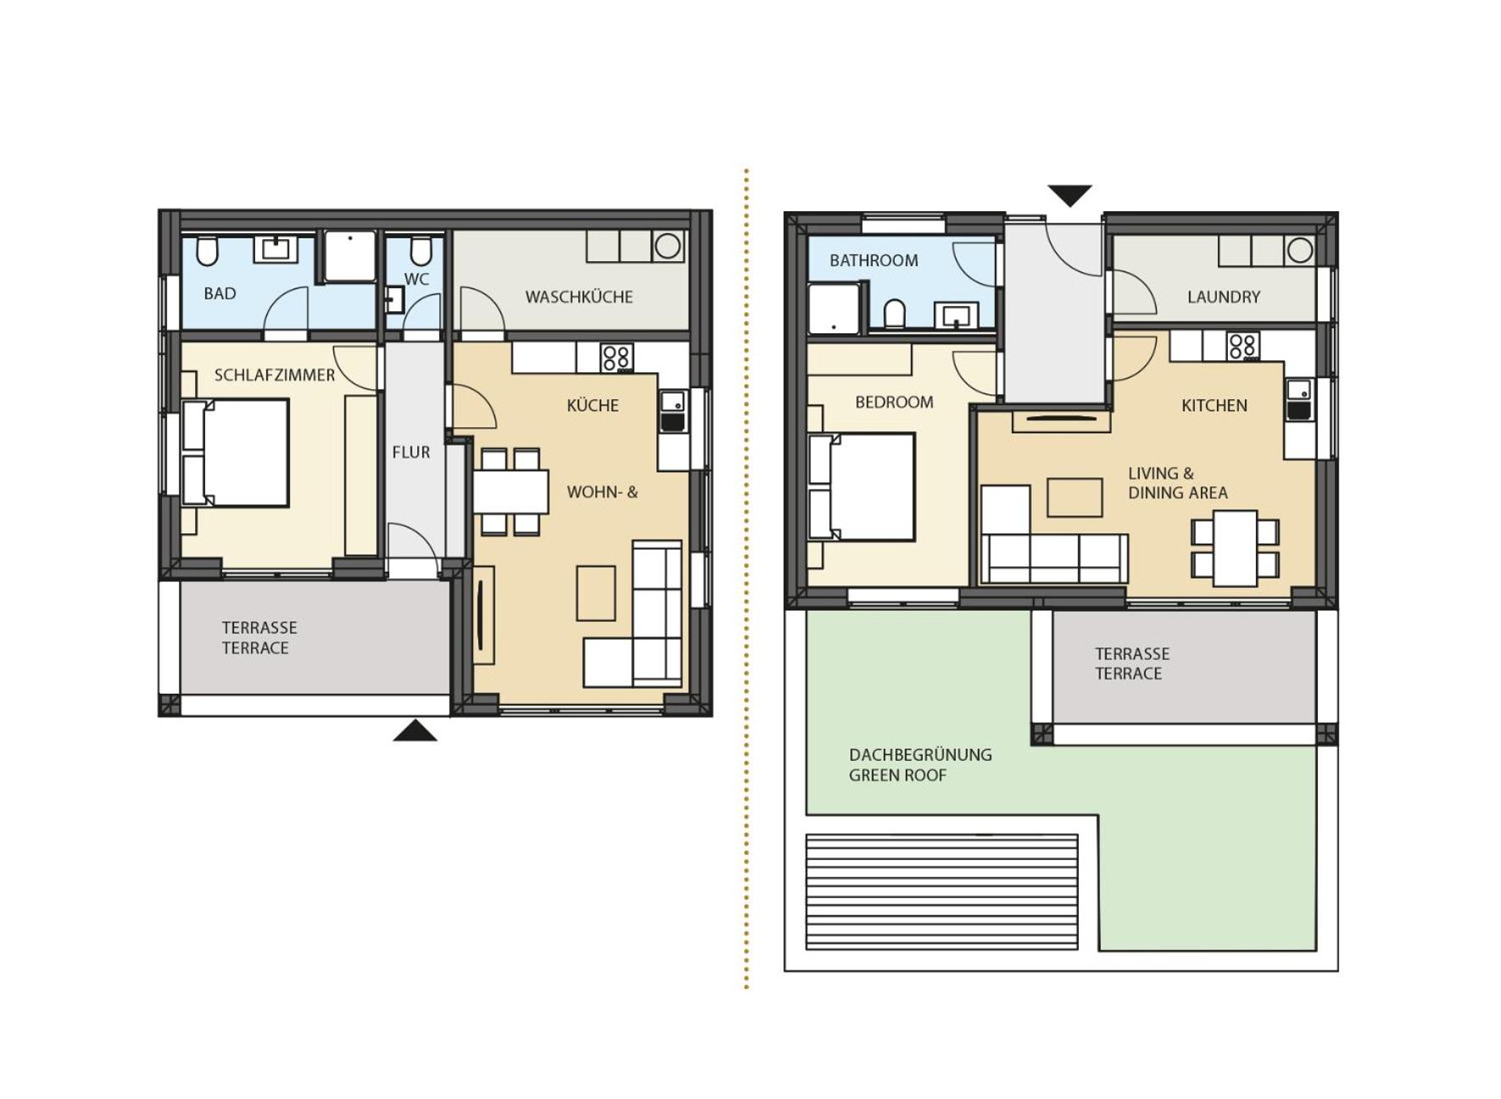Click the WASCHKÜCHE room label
pyautogui.click(x=578, y=297)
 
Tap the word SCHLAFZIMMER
pyautogui.click(x=274, y=375)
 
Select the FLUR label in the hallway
pyautogui.click(x=410, y=453)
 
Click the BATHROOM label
pyautogui.click(x=873, y=260)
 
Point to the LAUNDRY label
pyautogui.click(x=1223, y=297)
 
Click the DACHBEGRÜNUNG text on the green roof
pyautogui.click(x=920, y=755)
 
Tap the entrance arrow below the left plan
pyautogui.click(x=415, y=730)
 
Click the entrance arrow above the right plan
pyautogui.click(x=1069, y=196)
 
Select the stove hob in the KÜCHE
pyautogui.click(x=617, y=357)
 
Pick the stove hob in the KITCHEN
pyautogui.click(x=1242, y=346)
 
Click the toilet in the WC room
pyautogui.click(x=421, y=251)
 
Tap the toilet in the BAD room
pyautogui.click(x=207, y=251)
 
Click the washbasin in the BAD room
pyautogui.click(x=276, y=249)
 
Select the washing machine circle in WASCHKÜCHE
pyautogui.click(x=667, y=246)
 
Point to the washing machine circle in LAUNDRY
pyautogui.click(x=1299, y=250)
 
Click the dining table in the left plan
pyautogui.click(x=511, y=491)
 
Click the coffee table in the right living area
pyautogui.click(x=1074, y=498)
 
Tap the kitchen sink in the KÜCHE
pyautogui.click(x=673, y=410)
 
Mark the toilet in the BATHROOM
pyautogui.click(x=895, y=313)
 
